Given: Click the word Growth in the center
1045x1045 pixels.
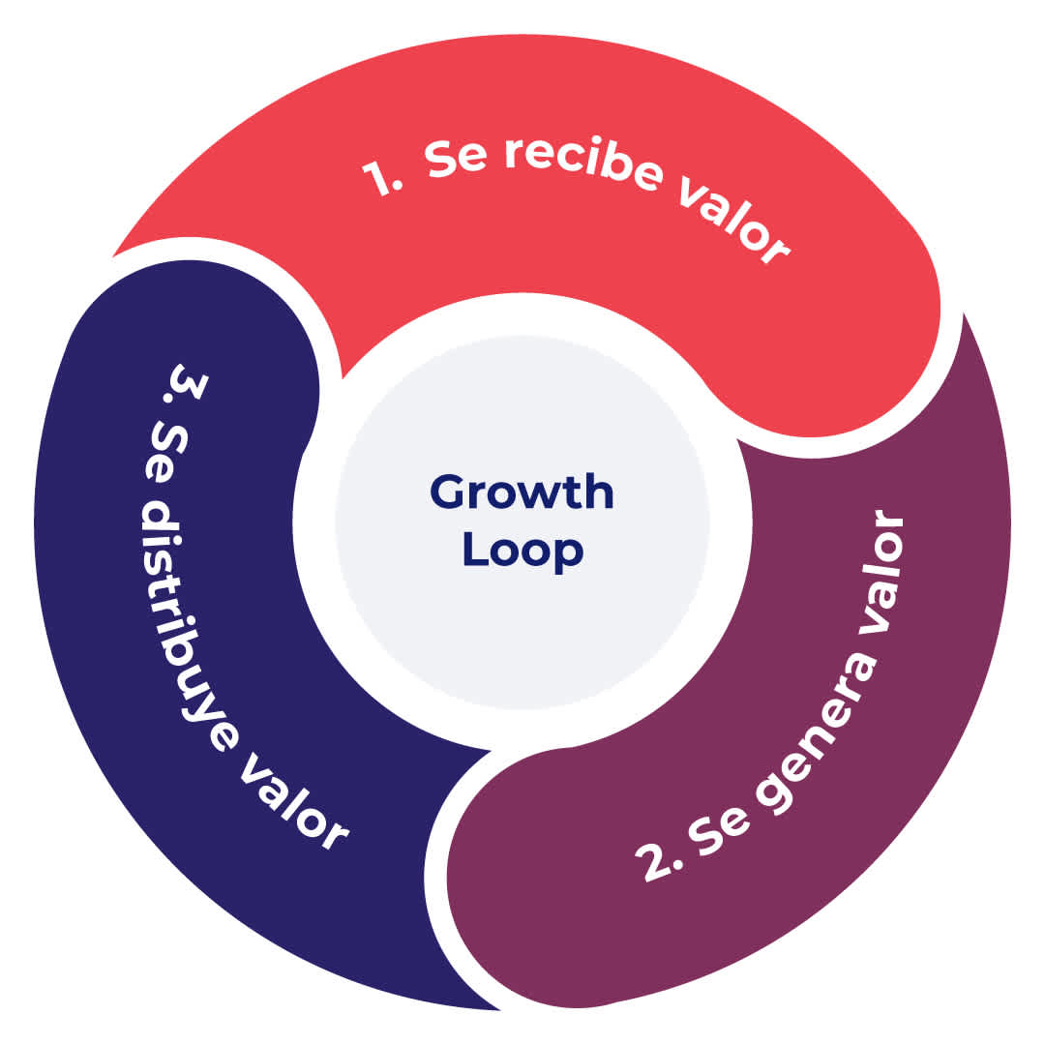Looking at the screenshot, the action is click(x=522, y=493).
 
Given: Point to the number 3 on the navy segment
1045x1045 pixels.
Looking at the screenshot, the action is click(x=186, y=383).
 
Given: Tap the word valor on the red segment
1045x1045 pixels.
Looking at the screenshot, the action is click(x=734, y=218).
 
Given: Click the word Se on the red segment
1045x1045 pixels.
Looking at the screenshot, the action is click(x=455, y=158).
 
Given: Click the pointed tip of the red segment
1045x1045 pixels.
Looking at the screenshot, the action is click(x=112, y=255).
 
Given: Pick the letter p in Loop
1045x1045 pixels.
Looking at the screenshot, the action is click(x=569, y=555).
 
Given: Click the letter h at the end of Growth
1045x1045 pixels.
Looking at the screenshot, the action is click(x=599, y=493).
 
